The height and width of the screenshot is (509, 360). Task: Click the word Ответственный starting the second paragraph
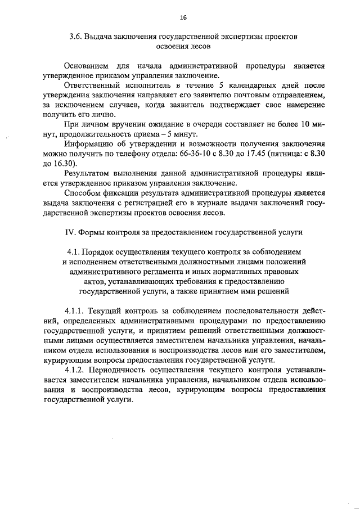pyautogui.click(x=94, y=85)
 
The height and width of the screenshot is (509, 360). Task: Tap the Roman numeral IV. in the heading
pyautogui.click(x=71, y=231)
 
